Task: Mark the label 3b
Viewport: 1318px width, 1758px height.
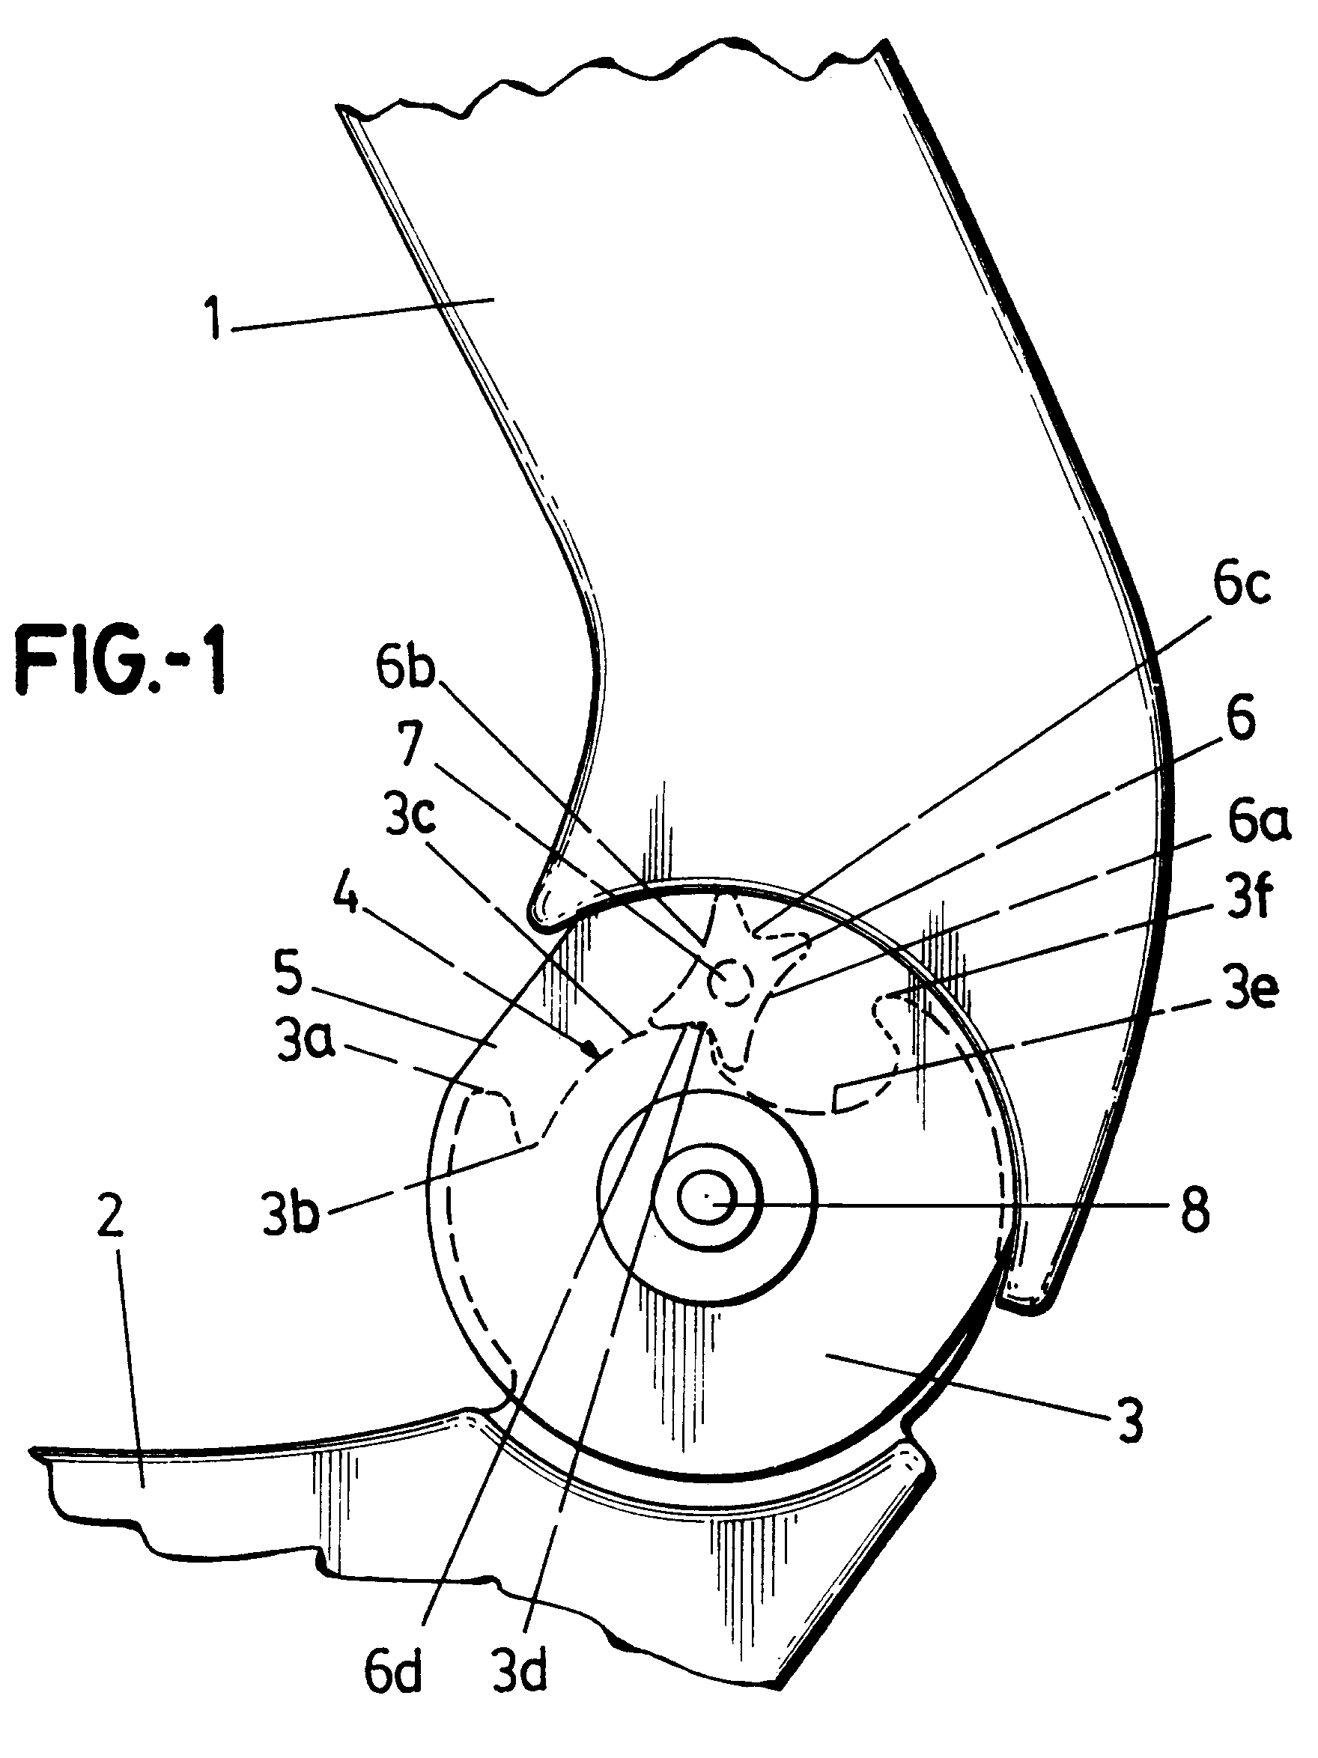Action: point(291,1214)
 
